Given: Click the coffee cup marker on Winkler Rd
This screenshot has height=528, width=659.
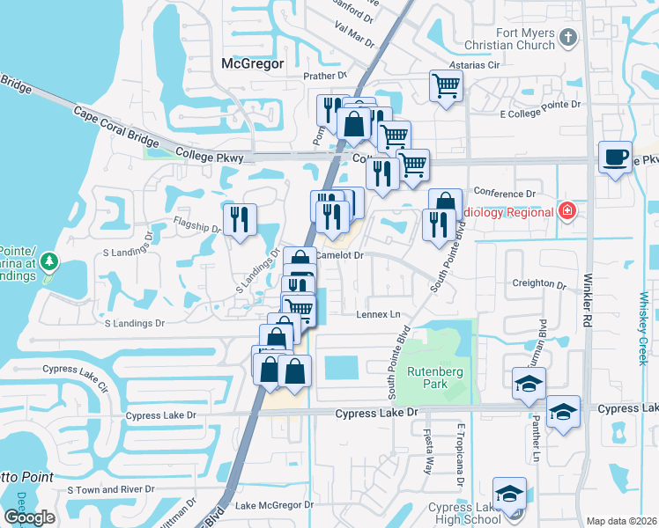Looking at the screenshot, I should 614,157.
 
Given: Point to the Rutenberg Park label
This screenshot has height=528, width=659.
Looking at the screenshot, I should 434,378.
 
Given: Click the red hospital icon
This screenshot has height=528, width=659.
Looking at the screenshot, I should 567,211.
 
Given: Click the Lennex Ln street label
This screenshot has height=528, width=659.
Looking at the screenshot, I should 378,314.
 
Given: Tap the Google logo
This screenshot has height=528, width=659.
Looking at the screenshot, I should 29,517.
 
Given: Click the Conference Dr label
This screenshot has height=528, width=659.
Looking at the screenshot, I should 505,193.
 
